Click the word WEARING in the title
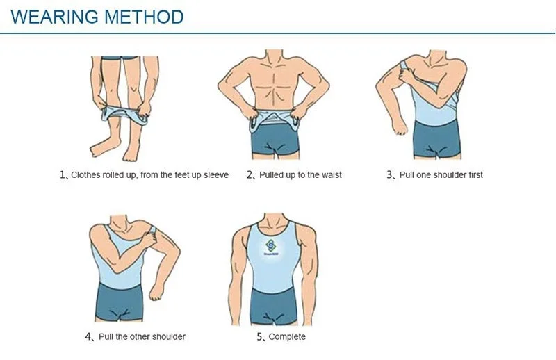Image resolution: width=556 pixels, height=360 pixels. click(x=55, y=17)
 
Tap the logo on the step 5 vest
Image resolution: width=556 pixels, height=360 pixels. click(x=271, y=247)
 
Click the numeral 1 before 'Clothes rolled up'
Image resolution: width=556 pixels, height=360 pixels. click(x=63, y=174)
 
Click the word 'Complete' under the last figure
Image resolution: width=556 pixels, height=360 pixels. click(x=287, y=336)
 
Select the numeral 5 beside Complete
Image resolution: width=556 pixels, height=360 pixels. click(x=260, y=336)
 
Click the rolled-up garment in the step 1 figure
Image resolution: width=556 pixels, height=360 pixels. click(x=124, y=115)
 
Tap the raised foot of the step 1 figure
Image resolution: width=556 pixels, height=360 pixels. click(x=101, y=147)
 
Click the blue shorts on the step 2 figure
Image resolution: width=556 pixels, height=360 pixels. click(x=275, y=138)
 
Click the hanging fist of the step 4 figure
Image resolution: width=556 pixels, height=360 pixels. click(x=156, y=292)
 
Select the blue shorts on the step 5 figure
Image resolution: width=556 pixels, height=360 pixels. click(x=273, y=305)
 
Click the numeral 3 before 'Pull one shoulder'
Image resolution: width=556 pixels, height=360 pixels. click(x=390, y=175)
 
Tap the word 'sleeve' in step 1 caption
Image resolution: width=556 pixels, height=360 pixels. click(x=216, y=175)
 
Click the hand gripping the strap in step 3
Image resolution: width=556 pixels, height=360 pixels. click(x=407, y=75)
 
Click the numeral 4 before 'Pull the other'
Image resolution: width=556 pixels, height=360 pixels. click(x=88, y=336)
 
